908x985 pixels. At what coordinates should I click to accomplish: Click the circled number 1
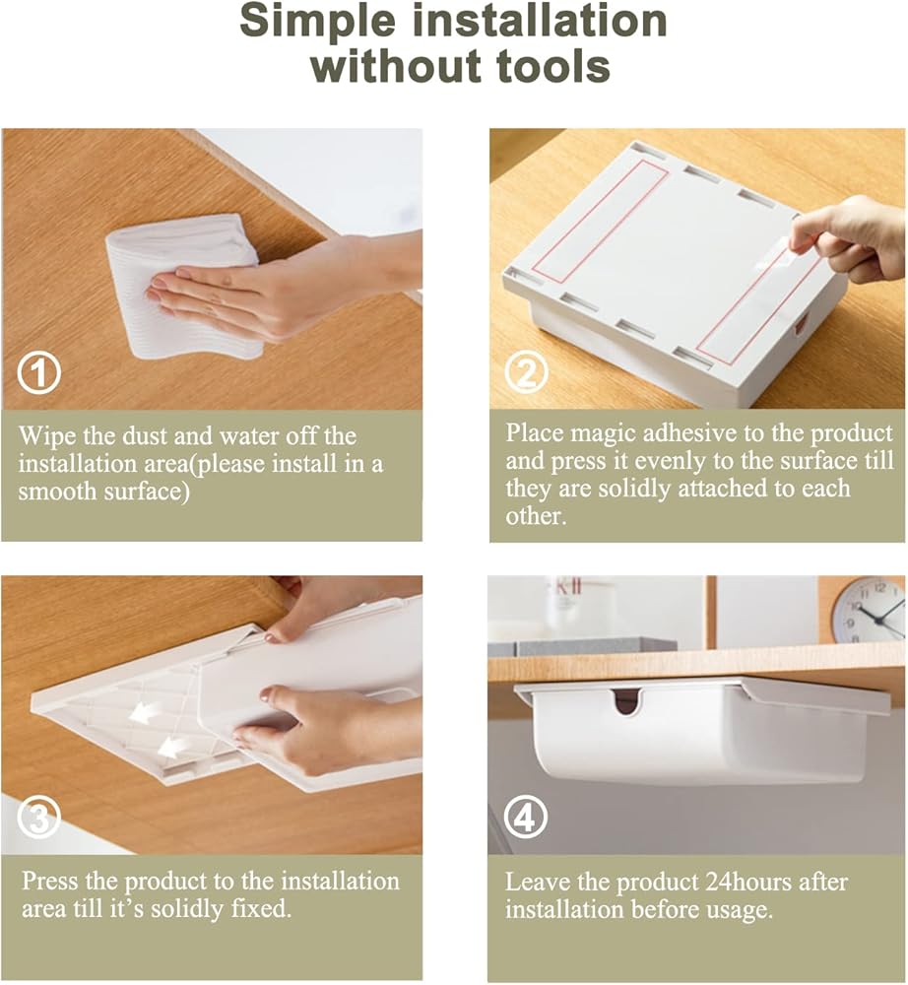[x=39, y=373]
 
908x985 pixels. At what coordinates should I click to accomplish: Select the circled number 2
[x=526, y=372]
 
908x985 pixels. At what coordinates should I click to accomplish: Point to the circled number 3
[x=39, y=818]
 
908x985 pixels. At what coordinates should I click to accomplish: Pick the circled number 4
[x=525, y=818]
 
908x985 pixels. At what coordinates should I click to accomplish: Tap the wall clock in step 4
[x=869, y=610]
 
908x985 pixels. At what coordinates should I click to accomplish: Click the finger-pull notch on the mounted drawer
[x=626, y=700]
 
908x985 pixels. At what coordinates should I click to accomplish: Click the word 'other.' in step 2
[x=536, y=516]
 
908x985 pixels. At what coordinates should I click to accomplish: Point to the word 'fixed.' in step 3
[x=259, y=909]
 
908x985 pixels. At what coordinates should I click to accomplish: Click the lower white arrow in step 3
[x=171, y=748]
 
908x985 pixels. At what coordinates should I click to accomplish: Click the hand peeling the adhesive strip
[x=848, y=235]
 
